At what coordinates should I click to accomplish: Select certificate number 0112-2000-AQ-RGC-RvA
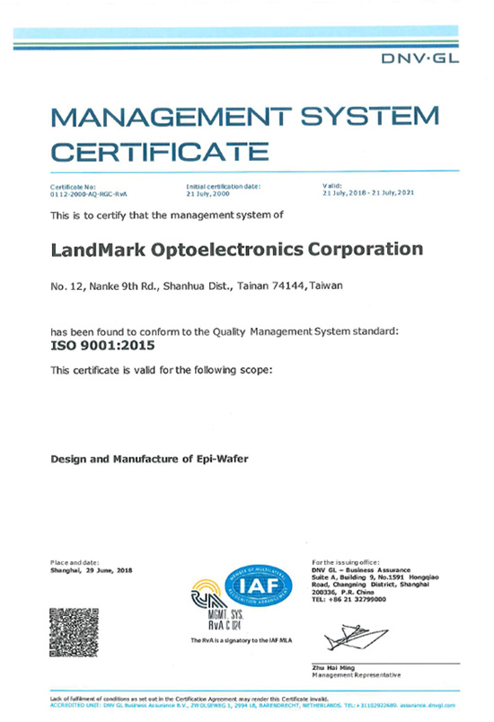point(91,193)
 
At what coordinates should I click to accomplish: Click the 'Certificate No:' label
point(70,186)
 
